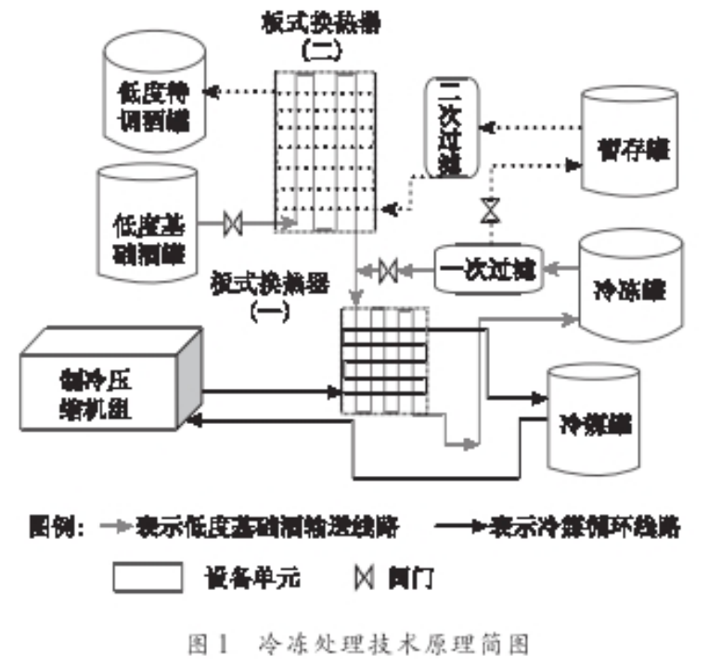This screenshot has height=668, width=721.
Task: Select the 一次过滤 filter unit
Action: coord(490,269)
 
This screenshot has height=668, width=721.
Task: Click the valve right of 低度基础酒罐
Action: coord(234,224)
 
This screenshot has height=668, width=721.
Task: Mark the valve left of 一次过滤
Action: coord(389,270)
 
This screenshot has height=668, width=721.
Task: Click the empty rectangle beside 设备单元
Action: coord(148,577)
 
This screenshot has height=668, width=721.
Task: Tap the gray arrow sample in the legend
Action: coord(116,528)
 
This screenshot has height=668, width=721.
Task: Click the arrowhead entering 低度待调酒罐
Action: coord(209,91)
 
